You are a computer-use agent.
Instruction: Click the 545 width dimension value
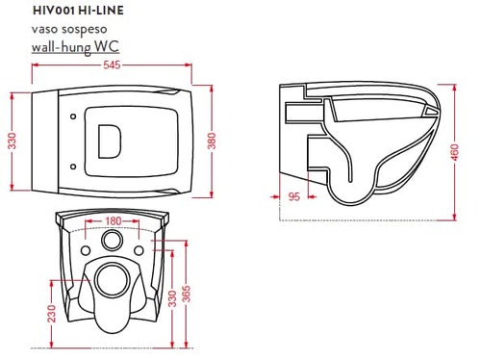click(x=112, y=64)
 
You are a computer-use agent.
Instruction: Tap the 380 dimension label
click(x=212, y=141)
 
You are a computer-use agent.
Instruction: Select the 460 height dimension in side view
click(x=455, y=153)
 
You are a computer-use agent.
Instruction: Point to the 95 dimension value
click(x=293, y=196)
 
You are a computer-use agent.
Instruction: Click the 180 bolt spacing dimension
click(x=113, y=220)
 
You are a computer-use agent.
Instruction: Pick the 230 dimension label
click(x=51, y=314)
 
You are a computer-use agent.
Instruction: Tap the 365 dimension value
click(x=186, y=294)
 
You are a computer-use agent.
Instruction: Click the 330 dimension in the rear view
click(x=172, y=298)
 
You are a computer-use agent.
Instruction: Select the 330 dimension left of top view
click(x=12, y=141)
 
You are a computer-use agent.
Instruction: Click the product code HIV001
click(x=54, y=11)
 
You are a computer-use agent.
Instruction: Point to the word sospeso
click(x=84, y=29)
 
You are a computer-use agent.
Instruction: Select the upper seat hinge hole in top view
click(x=73, y=116)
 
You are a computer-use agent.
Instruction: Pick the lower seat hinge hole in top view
click(x=73, y=167)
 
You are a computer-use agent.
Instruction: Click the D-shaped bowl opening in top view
click(x=110, y=141)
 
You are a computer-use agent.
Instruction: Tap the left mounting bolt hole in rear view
click(x=86, y=250)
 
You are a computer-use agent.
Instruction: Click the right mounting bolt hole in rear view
click(x=139, y=250)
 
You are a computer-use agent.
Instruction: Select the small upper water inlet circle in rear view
click(x=112, y=241)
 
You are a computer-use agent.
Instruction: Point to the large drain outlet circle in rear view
click(x=113, y=280)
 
